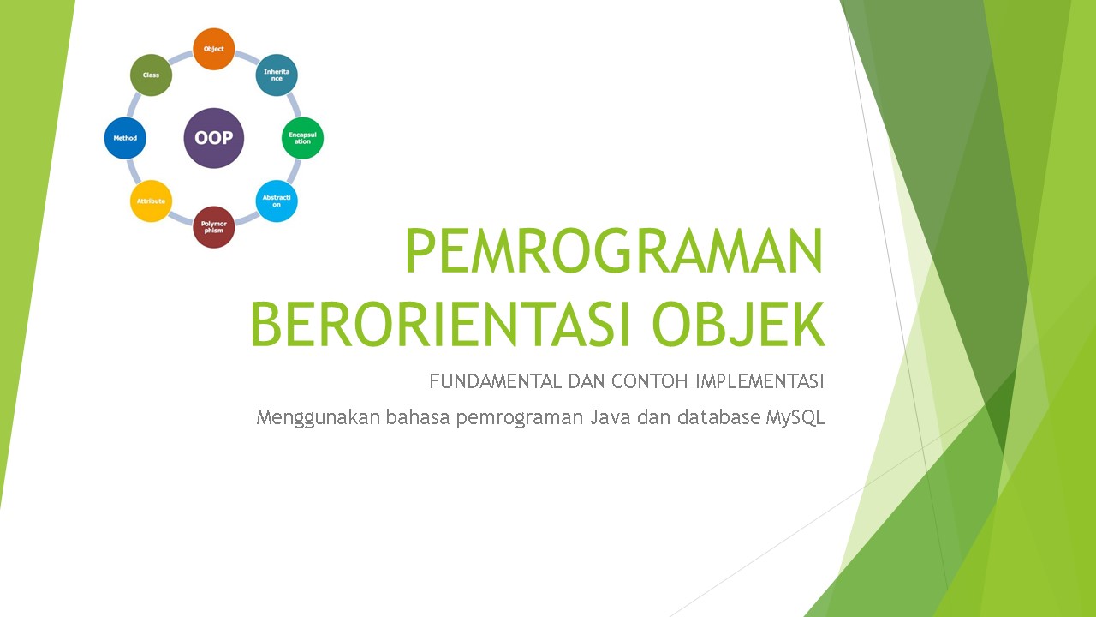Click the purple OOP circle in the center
(214, 138)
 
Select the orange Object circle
(213, 49)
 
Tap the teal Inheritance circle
(277, 75)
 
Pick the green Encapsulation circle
(302, 138)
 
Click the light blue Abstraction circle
(277, 201)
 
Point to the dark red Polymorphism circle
(213, 227)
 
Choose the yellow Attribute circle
(151, 201)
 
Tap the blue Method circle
(125, 138)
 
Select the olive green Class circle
(151, 75)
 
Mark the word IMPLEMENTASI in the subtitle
(759, 380)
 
